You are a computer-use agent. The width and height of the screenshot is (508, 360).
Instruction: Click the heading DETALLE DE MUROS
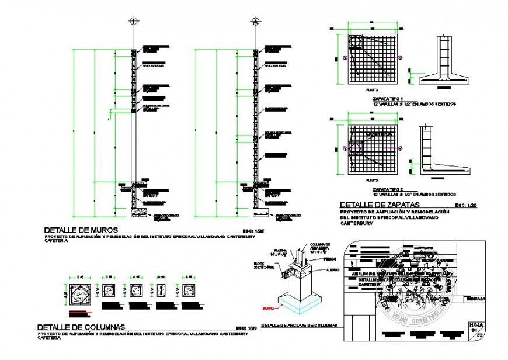tap(81, 230)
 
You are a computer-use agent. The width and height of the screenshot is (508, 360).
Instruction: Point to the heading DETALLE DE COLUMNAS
tap(81, 327)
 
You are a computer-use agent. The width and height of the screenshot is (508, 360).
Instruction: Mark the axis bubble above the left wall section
tap(134, 21)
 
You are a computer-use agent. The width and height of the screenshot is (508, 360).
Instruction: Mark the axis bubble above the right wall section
tap(255, 21)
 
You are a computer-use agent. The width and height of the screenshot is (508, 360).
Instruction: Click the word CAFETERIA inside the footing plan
tap(380, 134)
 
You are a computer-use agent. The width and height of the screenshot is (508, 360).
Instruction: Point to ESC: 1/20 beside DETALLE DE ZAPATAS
tap(465, 206)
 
